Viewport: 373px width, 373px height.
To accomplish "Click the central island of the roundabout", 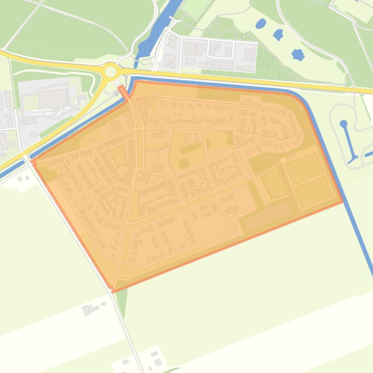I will [x=111, y=72].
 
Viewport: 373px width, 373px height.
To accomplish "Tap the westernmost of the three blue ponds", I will [x=261, y=23].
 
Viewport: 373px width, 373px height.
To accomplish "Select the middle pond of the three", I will [x=278, y=34].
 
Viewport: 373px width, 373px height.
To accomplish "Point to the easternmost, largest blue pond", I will [x=298, y=54].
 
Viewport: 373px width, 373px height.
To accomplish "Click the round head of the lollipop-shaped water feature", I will [x=344, y=124].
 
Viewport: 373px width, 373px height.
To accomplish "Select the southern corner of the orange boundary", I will [x=114, y=291].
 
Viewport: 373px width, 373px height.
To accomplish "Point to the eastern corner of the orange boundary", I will [x=342, y=201].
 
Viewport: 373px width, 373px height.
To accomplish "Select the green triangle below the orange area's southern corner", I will [x=121, y=298].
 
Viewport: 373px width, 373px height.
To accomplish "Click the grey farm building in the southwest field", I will [x=88, y=310].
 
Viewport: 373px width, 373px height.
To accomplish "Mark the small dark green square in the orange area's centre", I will [x=184, y=164].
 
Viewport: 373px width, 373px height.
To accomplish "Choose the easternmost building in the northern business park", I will [x=249, y=54].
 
